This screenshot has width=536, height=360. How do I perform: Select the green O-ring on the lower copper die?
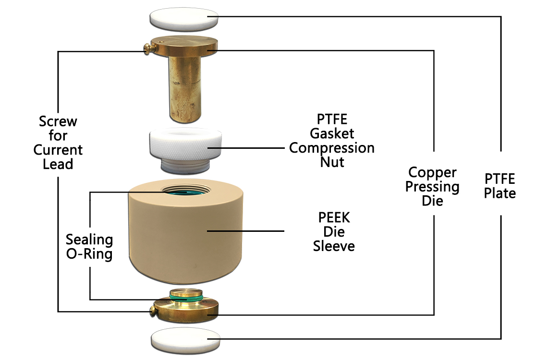[x=185, y=300]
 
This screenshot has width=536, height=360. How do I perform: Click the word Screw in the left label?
[x=58, y=121]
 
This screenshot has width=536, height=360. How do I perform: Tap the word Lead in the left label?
[x=58, y=164]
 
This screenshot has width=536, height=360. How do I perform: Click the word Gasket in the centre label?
[x=332, y=133]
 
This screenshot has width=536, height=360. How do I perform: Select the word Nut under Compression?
[x=332, y=162]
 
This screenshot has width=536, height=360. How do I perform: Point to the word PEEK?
[x=334, y=218]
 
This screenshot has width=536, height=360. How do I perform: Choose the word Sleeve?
[x=334, y=247]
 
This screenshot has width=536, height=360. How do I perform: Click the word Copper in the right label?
[x=432, y=172]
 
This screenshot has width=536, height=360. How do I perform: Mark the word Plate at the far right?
[x=499, y=193]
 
